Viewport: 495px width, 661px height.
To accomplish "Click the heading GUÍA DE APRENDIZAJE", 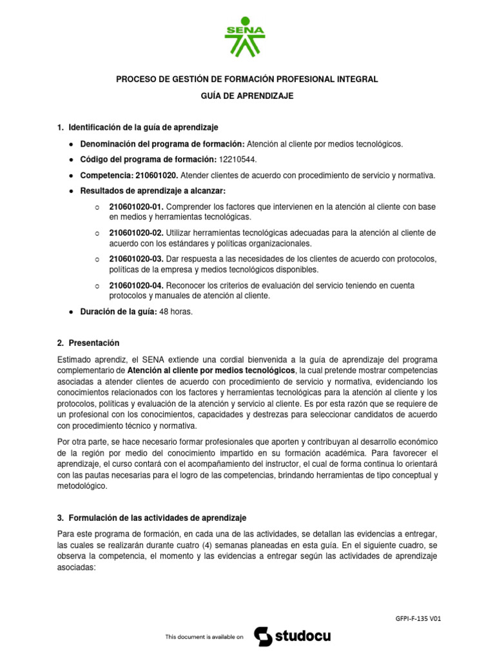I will pyautogui.click(x=247, y=96).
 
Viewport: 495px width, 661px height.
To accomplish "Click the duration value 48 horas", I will pyautogui.click(x=176, y=312).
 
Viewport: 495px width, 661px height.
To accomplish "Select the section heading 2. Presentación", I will pyautogui.click(x=88, y=343).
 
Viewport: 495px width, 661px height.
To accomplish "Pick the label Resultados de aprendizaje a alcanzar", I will pyautogui.click(x=153, y=190).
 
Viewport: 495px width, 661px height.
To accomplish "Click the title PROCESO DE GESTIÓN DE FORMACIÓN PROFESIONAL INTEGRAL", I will pyautogui.click(x=247, y=79).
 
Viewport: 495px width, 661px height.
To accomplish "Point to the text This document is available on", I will pyautogui.click(x=204, y=638).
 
